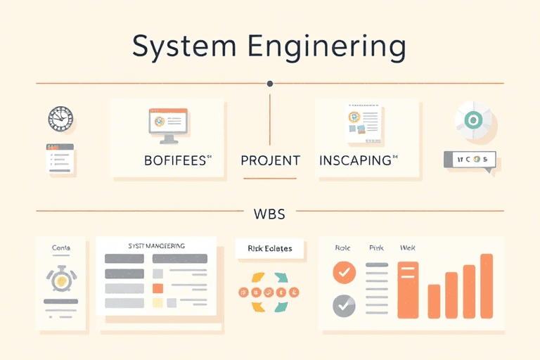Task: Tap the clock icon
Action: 60,118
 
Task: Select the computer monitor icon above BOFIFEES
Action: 168,122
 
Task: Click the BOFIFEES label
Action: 176,160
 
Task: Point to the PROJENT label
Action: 270,160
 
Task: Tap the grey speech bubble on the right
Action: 469,160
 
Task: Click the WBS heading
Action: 269,211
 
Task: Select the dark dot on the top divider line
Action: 270,84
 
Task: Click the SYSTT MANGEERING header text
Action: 157,246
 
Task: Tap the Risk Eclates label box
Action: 270,248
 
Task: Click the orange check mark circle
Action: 344,272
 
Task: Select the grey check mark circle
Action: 344,305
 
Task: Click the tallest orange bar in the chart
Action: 486,286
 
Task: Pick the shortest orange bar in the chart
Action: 434,302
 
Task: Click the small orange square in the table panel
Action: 157,288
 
